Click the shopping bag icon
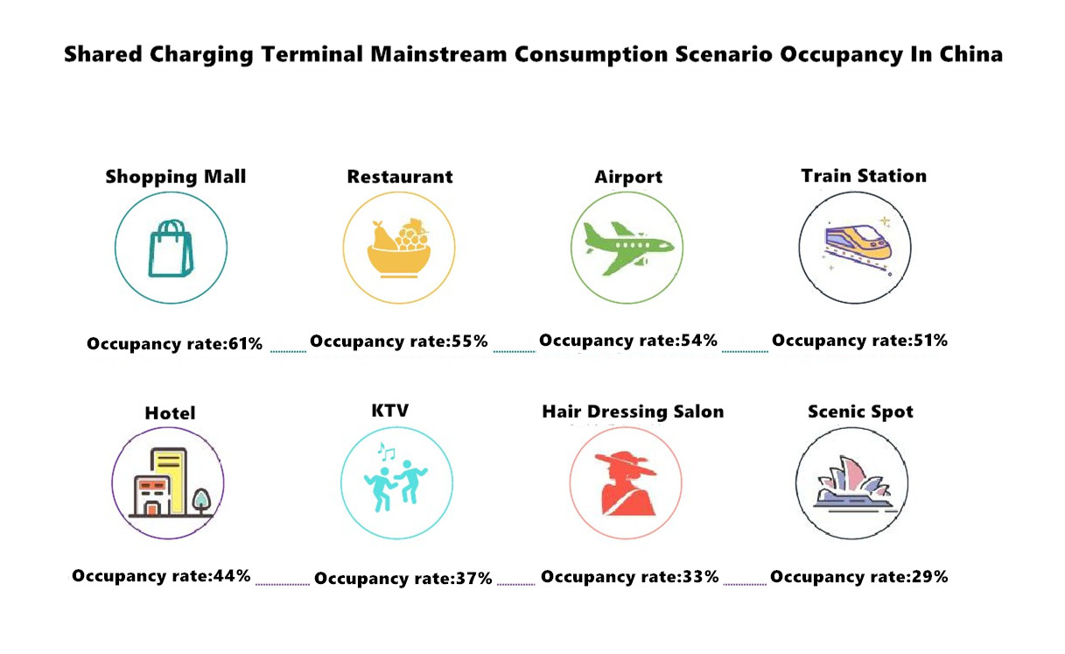pos(171,249)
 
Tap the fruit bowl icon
pos(399,248)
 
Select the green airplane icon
pos(628,248)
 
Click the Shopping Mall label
pos(175,177)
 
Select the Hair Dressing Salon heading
pos(633,411)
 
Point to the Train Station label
pos(864,176)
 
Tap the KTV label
pos(390,411)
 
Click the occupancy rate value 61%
pos(245,343)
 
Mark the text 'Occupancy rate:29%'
pos(859,577)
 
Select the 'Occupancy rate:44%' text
pos(161,576)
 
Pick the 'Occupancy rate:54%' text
pos(628,341)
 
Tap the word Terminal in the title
pos(312,54)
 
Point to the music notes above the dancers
pos(386,452)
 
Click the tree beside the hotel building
pos(201,502)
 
